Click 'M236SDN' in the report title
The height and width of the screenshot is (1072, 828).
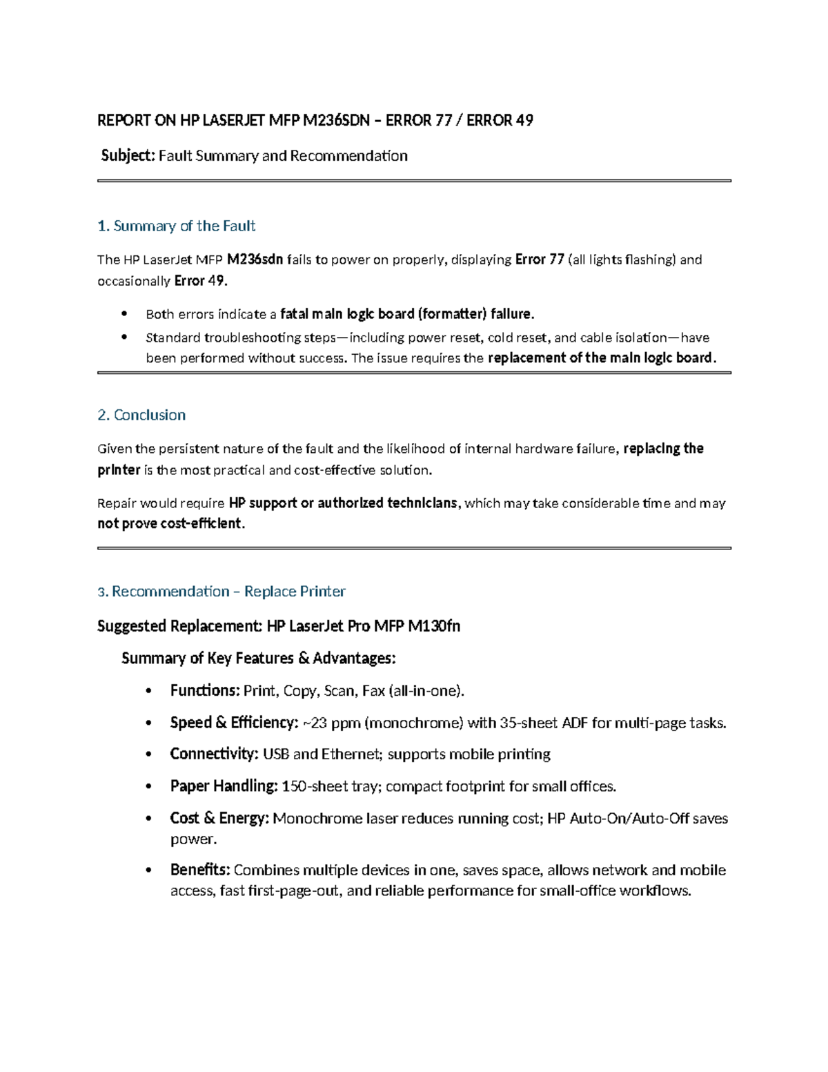click(x=337, y=121)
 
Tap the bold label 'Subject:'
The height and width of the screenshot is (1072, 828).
click(x=128, y=156)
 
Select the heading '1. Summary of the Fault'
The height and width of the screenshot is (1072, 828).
click(x=177, y=226)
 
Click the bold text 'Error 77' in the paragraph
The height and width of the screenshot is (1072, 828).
click(x=540, y=260)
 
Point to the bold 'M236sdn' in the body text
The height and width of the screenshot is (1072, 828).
click(x=255, y=260)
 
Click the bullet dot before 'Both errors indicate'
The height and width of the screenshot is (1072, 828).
click(x=124, y=314)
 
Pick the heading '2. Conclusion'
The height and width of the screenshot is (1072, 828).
click(x=141, y=416)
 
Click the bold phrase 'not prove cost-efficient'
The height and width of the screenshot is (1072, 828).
click(x=170, y=524)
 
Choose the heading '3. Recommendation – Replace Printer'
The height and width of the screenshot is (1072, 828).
click(x=221, y=592)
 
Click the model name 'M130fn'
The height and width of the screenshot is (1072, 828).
click(x=434, y=627)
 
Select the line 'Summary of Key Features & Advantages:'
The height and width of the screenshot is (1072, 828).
click(x=258, y=659)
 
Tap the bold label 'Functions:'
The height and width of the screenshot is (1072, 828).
click(x=205, y=691)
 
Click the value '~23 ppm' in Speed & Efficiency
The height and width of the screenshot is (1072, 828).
click(x=331, y=723)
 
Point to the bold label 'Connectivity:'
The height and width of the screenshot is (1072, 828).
click(x=214, y=754)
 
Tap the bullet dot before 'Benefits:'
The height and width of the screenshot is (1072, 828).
click(x=148, y=870)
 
